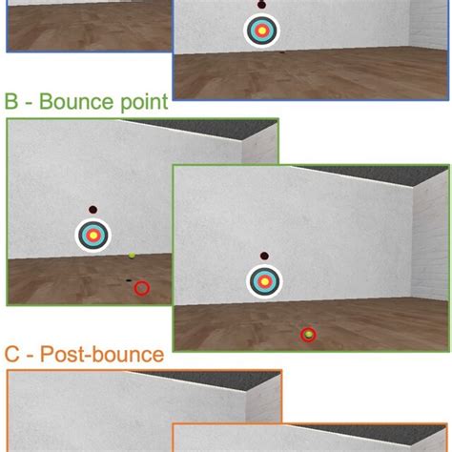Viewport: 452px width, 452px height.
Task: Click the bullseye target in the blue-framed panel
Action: [x=260, y=31]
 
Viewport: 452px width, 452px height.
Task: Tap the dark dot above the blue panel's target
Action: [x=260, y=6]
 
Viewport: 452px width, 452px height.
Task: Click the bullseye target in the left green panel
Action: [x=93, y=235]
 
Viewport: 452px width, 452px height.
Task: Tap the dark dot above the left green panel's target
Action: [x=92, y=209]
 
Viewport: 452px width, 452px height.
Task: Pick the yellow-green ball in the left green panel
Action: [x=132, y=257]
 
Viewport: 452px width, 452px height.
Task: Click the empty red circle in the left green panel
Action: [x=142, y=288]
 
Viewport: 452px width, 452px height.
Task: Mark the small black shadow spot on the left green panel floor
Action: [x=128, y=280]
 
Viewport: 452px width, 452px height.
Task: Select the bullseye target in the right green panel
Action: [x=263, y=280]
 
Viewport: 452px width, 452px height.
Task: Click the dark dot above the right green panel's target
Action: [x=263, y=256]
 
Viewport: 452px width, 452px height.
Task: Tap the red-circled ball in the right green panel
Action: [x=308, y=334]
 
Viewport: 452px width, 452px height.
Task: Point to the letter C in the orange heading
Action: [x=12, y=356]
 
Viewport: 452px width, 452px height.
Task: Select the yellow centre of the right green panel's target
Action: [x=263, y=280]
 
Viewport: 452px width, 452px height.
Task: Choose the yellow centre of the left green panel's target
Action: [x=93, y=235]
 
